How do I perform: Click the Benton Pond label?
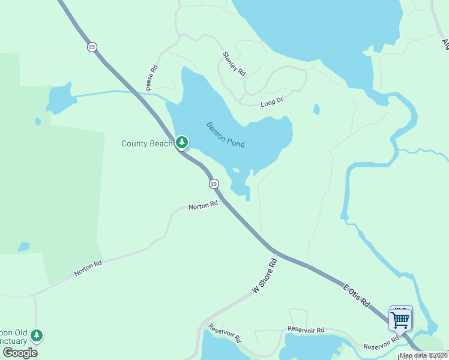[x=226, y=135]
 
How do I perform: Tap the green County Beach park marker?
[x=182, y=143]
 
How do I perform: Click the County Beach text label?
[x=147, y=143]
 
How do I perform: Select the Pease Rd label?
[x=151, y=78]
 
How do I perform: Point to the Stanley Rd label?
[x=234, y=64]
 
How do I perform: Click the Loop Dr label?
[x=272, y=103]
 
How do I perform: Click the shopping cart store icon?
[x=400, y=319]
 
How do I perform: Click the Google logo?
[x=19, y=352]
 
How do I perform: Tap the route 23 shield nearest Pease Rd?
[x=91, y=46]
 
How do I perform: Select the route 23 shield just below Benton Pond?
[x=214, y=184]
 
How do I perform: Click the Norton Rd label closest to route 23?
[x=203, y=206]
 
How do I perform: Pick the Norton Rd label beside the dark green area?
[x=88, y=268]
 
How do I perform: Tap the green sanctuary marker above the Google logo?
[x=37, y=335]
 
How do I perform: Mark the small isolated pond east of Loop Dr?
[x=316, y=110]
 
